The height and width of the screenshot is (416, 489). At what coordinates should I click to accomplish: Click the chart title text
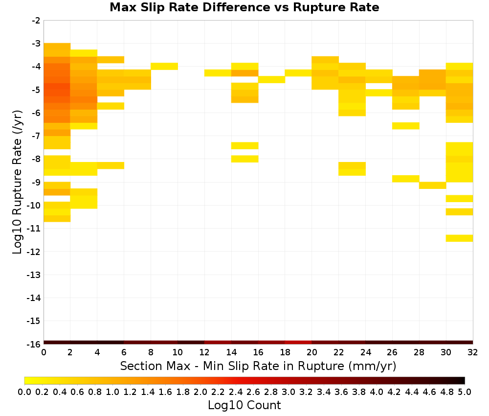click(244, 7)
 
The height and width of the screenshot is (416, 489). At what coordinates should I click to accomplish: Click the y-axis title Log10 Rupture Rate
click(17, 182)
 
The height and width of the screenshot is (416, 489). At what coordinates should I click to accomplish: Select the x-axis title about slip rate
click(258, 366)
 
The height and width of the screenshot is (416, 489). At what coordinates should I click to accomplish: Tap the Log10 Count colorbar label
click(244, 405)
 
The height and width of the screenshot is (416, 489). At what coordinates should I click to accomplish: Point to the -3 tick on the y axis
click(36, 44)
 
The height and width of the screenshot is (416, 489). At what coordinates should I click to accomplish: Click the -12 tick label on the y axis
click(34, 252)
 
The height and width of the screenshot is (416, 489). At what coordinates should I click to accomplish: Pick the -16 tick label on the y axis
click(34, 344)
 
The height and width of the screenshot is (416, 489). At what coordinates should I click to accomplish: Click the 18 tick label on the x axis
click(285, 352)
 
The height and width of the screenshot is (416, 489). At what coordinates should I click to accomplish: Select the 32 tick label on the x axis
click(473, 352)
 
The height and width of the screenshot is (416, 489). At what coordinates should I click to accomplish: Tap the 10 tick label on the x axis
click(178, 352)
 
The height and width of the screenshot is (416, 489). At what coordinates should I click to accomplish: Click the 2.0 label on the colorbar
click(200, 392)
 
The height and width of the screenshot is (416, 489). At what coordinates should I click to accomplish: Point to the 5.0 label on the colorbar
click(465, 392)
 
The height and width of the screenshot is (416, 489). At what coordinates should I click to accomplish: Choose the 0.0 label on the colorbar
click(24, 392)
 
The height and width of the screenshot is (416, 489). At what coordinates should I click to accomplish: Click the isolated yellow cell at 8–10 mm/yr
click(164, 66)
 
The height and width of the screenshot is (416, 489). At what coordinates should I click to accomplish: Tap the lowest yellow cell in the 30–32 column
click(459, 238)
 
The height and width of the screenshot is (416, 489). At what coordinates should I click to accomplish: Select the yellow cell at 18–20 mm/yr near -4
click(298, 73)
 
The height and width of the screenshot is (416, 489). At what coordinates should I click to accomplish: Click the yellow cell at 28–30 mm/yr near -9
click(433, 185)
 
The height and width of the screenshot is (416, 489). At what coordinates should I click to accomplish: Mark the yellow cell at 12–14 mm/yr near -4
click(218, 73)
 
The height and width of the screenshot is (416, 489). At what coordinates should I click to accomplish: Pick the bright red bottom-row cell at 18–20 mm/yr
click(298, 343)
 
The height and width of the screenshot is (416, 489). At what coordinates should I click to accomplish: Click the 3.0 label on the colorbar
click(288, 392)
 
